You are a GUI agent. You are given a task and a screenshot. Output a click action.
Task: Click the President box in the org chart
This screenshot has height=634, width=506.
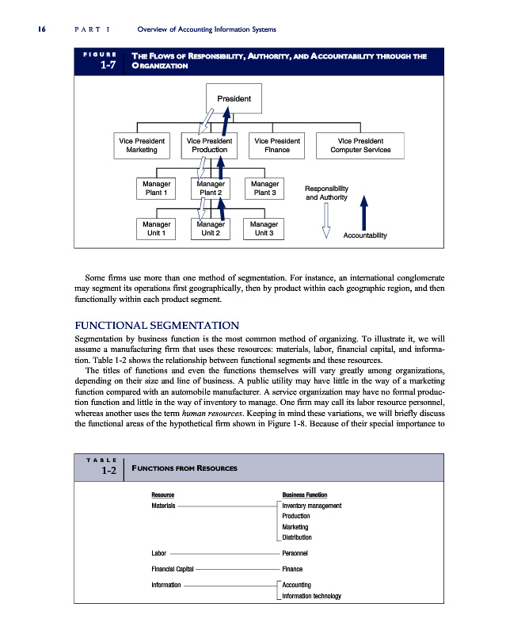[228, 99]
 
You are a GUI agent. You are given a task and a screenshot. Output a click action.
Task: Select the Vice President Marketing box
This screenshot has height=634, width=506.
[142, 145]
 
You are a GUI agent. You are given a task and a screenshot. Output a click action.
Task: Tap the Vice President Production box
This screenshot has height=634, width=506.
[209, 145]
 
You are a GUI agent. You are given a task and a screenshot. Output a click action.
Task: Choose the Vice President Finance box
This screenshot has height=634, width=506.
[277, 145]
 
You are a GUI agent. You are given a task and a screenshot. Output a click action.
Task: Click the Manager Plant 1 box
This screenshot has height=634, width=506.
[156, 188]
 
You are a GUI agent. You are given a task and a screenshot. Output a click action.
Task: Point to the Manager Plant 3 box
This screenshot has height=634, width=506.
[264, 188]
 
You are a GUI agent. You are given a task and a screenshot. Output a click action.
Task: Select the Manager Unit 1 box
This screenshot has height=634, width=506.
[156, 228]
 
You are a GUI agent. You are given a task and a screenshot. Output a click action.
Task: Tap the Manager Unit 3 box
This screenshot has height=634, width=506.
[264, 228]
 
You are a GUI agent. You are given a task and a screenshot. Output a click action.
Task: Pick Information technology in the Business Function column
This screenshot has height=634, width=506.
[311, 596]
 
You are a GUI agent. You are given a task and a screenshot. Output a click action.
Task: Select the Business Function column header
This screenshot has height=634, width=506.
[305, 494]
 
